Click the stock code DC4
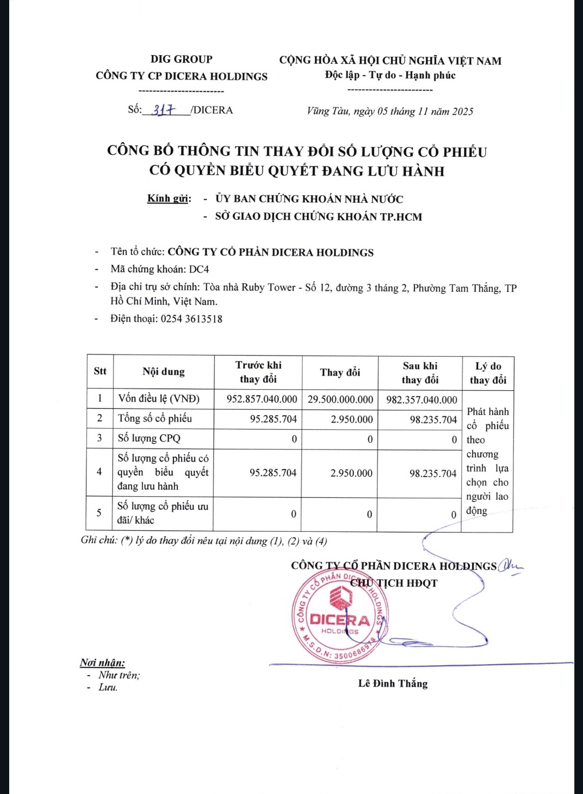click(x=199, y=269)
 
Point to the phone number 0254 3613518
click(x=191, y=319)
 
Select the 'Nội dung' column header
click(x=164, y=372)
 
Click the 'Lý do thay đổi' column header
click(x=488, y=373)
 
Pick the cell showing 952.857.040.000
click(x=262, y=399)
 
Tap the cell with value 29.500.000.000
click(x=340, y=399)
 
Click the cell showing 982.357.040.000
click(x=421, y=400)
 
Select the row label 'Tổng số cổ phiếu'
click(x=155, y=418)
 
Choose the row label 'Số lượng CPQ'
click(x=149, y=438)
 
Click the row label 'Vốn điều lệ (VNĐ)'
click(x=159, y=399)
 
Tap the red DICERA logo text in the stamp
click(x=339, y=619)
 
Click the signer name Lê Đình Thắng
click(x=393, y=684)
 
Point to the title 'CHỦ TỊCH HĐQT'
click(x=394, y=583)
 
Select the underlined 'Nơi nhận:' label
click(x=103, y=663)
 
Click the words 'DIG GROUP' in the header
click(x=182, y=59)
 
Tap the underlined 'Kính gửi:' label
click(x=169, y=198)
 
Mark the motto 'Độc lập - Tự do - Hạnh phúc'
click(x=390, y=75)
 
